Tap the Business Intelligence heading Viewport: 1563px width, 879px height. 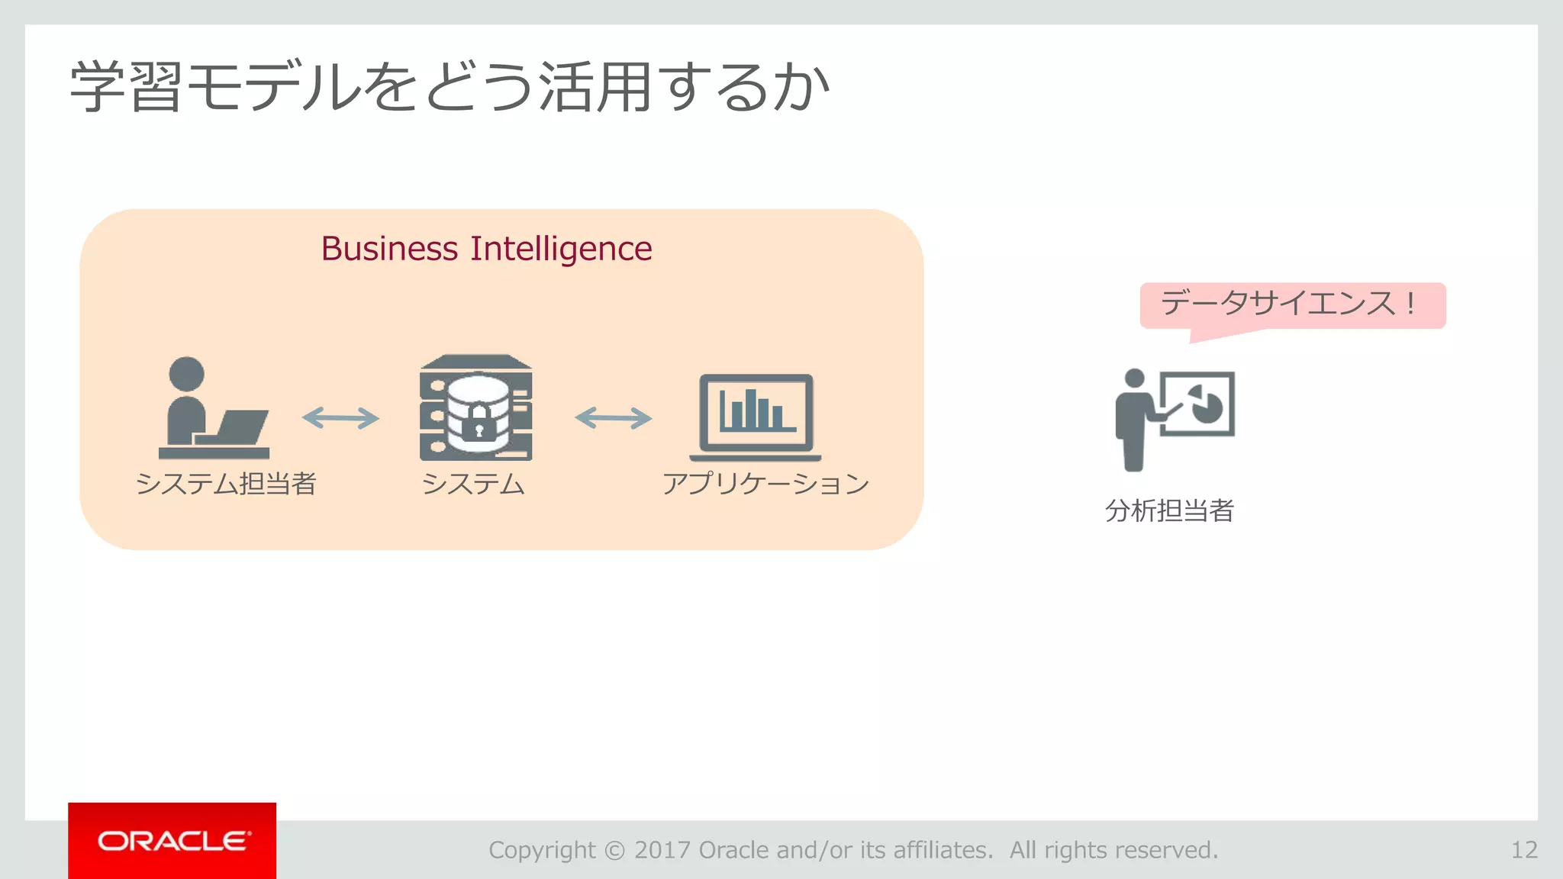click(x=486, y=249)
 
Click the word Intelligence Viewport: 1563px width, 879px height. click(x=561, y=249)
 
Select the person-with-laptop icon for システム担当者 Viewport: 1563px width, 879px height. click(x=213, y=408)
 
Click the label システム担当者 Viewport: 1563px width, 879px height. click(x=226, y=484)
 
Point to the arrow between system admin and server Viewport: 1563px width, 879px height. click(x=340, y=417)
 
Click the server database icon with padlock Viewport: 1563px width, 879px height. click(x=475, y=407)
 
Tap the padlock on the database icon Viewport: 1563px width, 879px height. click(x=479, y=421)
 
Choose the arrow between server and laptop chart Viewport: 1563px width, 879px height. click(x=613, y=417)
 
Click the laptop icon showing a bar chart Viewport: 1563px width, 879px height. click(x=756, y=417)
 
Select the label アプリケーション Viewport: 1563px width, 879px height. click(x=765, y=484)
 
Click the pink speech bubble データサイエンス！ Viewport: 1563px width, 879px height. click(x=1291, y=305)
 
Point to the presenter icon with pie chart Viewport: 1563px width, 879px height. click(x=1174, y=418)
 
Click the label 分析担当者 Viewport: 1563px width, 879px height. click(x=1169, y=510)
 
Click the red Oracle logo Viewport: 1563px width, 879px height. click(x=172, y=841)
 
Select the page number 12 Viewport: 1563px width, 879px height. click(x=1524, y=850)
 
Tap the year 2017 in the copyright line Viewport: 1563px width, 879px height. click(x=662, y=850)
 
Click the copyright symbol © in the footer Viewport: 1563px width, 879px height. click(x=614, y=850)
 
